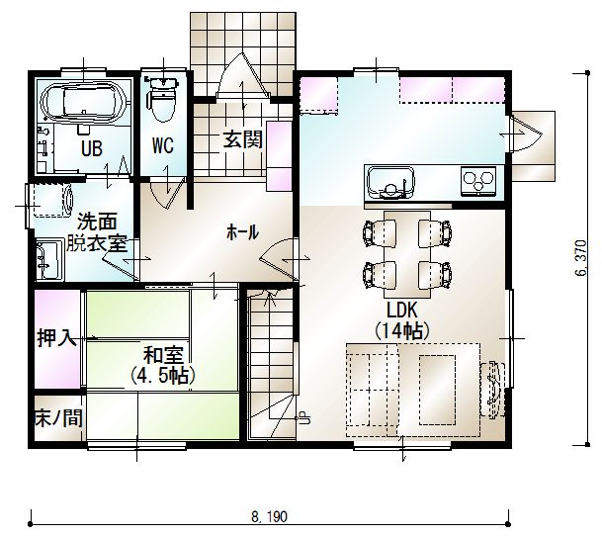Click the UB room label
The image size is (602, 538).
tap(92, 148)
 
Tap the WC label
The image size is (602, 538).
tap(163, 145)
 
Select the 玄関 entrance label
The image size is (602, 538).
tap(243, 139)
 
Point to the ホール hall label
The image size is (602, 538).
tap(242, 232)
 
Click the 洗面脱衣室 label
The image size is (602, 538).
tap(97, 232)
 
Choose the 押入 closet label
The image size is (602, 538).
tap(56, 338)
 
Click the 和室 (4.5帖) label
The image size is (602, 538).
tap(163, 365)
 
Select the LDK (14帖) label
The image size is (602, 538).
tap(402, 320)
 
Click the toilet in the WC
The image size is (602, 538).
tap(163, 98)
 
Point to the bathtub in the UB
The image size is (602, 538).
tap(84, 101)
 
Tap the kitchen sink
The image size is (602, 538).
tap(390, 182)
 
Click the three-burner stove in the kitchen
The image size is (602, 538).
tap(478, 181)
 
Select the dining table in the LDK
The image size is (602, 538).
tap(407, 254)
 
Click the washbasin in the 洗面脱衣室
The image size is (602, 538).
tap(49, 259)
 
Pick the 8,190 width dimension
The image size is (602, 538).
tap(269, 517)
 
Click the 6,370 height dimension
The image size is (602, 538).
tap(581, 258)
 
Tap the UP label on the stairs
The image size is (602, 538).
tap(304, 417)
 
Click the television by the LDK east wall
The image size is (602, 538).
tap(493, 389)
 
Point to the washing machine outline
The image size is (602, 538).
tap(53, 200)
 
